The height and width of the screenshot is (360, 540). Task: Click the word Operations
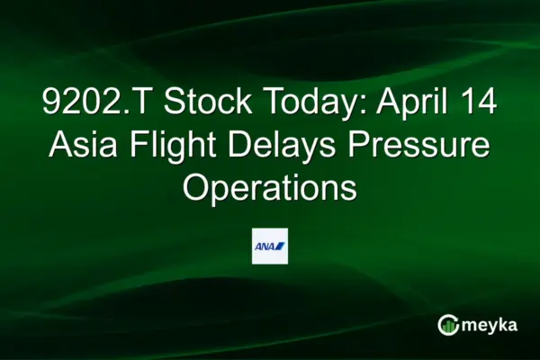270,188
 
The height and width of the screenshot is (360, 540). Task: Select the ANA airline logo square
270,245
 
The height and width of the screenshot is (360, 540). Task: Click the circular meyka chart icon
446,325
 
